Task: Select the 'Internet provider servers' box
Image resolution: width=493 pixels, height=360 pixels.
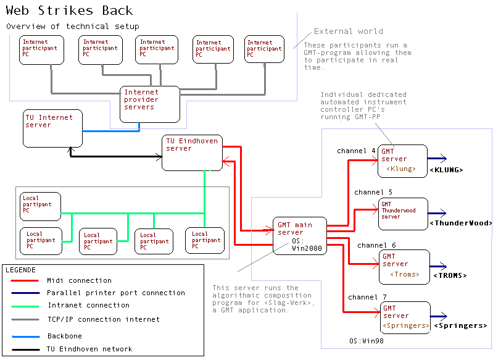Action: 149,104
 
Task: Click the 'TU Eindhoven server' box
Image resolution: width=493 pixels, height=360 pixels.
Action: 192,153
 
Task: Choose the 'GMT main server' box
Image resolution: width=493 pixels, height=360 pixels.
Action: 299,235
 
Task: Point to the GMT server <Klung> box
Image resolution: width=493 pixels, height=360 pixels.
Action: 402,161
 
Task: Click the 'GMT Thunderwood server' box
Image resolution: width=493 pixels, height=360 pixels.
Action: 402,214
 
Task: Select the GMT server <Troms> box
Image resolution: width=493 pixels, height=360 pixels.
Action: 404,267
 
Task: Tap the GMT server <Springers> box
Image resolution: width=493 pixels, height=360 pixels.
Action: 405,318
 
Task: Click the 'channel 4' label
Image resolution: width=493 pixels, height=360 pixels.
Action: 356,151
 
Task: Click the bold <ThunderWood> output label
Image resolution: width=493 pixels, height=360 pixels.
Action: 460,223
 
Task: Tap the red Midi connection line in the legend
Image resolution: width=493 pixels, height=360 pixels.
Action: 24,281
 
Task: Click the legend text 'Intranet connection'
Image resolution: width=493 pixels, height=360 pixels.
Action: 88,305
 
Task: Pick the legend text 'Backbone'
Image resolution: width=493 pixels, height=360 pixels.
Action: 64,337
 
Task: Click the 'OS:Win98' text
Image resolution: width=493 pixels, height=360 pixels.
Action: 365,341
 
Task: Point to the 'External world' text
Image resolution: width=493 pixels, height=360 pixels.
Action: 348,31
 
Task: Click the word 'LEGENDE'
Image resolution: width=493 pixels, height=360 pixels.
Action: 20,270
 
